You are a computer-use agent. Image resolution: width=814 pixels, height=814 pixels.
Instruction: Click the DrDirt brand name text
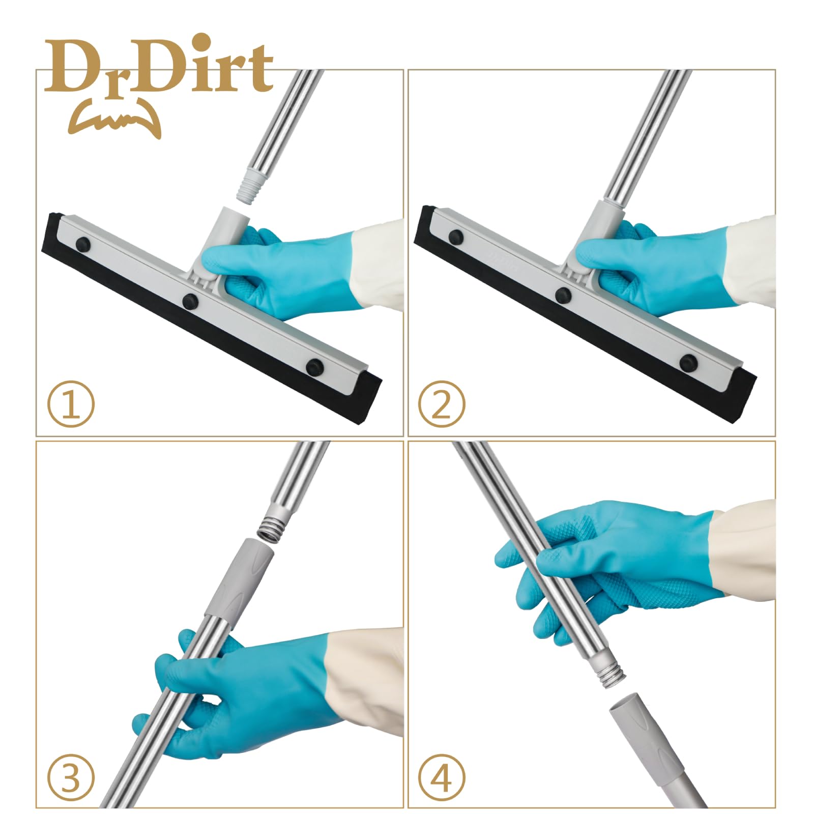tap(159, 66)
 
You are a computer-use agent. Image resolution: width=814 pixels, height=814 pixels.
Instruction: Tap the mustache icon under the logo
tap(114, 120)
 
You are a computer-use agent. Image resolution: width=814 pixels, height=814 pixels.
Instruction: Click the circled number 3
tap(71, 777)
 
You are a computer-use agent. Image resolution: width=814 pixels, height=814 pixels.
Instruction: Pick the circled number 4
tap(441, 777)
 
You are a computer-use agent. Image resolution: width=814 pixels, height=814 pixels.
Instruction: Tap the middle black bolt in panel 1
tap(191, 300)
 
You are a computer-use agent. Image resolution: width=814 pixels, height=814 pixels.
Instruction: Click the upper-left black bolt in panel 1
tap(83, 244)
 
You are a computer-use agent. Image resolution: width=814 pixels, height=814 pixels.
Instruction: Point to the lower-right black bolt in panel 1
tap(315, 366)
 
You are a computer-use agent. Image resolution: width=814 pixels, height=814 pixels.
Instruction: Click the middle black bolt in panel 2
tap(563, 295)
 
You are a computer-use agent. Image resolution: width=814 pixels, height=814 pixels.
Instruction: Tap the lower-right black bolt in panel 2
tap(688, 362)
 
